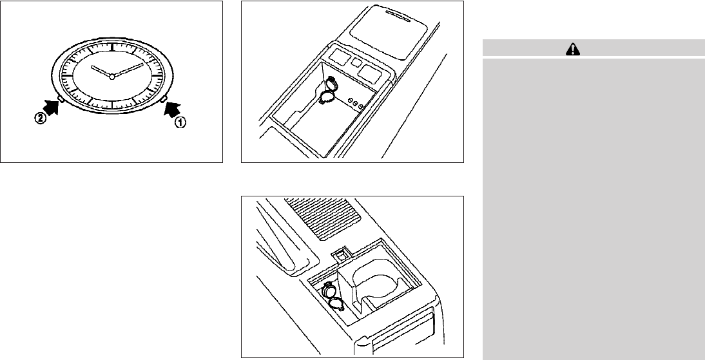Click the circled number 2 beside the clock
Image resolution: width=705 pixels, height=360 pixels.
[41, 120]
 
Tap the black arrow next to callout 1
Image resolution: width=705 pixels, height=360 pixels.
[172, 109]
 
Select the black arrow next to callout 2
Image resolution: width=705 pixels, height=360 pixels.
[51, 108]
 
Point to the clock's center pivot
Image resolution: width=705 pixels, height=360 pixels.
[112, 77]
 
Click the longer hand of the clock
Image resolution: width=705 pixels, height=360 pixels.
[128, 70]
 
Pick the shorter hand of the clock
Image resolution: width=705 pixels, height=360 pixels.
[101, 71]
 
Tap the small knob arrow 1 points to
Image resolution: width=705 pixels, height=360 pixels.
[164, 99]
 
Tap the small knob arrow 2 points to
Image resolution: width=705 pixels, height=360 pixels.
[61, 97]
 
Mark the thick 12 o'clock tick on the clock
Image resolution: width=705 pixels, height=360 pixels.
[112, 45]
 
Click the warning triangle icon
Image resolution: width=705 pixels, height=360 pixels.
[573, 48]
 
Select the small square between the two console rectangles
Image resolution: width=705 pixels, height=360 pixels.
[356, 62]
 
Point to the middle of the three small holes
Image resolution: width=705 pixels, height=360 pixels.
[355, 104]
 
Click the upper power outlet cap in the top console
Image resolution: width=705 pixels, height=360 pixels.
[331, 84]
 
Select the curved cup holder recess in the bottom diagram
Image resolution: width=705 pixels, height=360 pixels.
[376, 283]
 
